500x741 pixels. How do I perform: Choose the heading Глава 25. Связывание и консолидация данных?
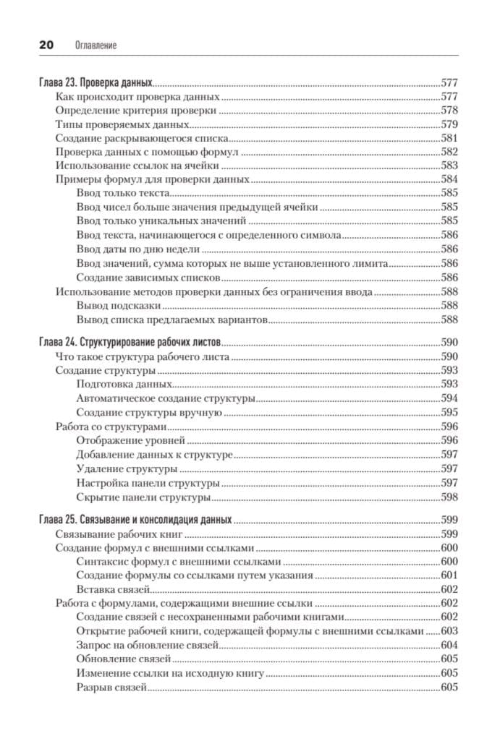135,520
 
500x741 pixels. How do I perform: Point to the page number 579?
449,124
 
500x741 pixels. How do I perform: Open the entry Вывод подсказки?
118,305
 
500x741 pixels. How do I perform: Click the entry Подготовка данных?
124,384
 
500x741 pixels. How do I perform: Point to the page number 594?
449,398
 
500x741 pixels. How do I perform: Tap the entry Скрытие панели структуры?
143,497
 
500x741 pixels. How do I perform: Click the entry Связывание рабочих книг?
118,534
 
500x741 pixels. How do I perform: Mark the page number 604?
449,645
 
